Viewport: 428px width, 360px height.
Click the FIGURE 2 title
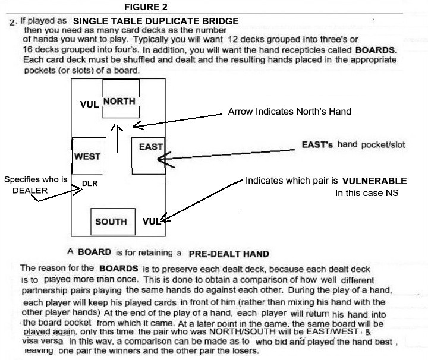click(x=146, y=7)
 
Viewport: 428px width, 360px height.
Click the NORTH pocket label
click(x=119, y=101)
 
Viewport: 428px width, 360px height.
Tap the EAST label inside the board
click(x=150, y=147)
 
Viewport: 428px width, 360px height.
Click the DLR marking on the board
click(x=90, y=184)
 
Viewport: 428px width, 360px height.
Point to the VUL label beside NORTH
click(x=89, y=104)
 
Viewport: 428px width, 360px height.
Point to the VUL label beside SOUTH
click(x=151, y=221)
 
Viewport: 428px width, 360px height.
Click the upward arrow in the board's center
click(x=117, y=138)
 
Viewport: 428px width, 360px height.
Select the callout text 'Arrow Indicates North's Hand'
click(x=289, y=111)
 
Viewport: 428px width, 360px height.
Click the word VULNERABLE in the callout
click(x=374, y=181)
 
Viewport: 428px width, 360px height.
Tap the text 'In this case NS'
click(x=367, y=193)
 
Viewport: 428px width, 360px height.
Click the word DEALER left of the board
click(x=30, y=190)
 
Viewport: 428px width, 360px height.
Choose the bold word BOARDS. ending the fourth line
click(x=376, y=50)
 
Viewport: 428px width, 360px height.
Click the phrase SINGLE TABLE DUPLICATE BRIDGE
click(x=156, y=21)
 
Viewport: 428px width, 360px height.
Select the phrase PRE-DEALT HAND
click(x=229, y=254)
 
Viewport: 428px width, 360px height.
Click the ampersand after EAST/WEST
click(x=368, y=332)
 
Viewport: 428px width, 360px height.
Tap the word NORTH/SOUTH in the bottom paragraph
click(x=243, y=331)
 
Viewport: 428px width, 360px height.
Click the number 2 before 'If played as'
click(x=12, y=22)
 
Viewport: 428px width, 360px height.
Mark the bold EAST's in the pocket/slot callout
click(x=317, y=144)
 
